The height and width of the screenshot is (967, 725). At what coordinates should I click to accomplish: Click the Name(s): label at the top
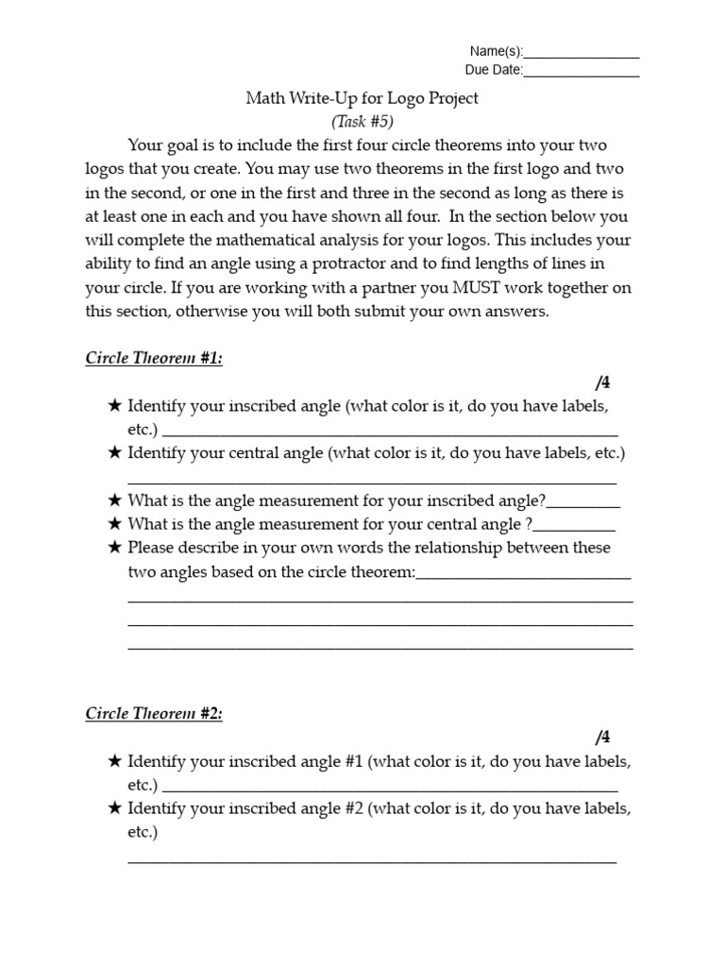(x=495, y=52)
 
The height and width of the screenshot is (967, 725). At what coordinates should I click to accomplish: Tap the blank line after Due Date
(x=581, y=71)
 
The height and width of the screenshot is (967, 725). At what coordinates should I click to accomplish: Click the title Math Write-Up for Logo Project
(x=362, y=98)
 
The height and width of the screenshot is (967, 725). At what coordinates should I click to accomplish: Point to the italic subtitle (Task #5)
(x=362, y=121)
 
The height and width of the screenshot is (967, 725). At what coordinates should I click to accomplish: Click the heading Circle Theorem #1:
(x=154, y=358)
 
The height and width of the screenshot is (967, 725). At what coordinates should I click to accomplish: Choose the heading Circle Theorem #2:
(x=154, y=714)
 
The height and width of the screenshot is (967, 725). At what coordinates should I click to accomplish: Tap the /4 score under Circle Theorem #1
(x=603, y=382)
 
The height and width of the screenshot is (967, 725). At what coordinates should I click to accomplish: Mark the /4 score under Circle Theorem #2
(x=603, y=738)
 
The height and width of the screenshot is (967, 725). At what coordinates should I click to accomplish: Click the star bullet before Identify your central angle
(x=114, y=453)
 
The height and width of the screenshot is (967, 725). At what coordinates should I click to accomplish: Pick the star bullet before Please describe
(x=114, y=548)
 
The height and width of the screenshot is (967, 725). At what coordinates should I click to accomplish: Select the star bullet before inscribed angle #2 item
(x=114, y=809)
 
